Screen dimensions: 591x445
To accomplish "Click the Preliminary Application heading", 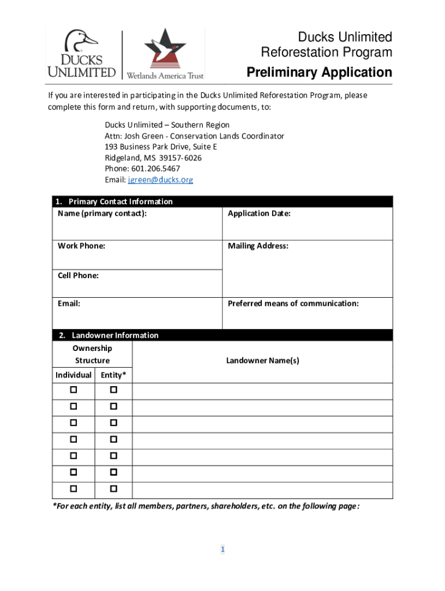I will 319,73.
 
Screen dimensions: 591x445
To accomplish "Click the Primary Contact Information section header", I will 120,201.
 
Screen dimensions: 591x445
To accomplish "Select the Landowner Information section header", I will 114,335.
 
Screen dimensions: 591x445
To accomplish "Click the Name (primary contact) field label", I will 102,214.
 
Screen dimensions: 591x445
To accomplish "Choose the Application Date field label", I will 259,214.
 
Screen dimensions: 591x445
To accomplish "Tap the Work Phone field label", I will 81,246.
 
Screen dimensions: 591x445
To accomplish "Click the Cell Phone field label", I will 78,275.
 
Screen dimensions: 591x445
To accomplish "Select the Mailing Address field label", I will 258,246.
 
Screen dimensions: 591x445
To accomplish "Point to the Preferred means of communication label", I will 293,303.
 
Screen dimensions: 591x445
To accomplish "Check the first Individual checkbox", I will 73,390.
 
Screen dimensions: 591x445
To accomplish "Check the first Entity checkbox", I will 113,390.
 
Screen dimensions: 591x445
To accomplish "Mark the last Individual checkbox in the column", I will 73,489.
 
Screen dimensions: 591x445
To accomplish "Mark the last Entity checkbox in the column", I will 113,489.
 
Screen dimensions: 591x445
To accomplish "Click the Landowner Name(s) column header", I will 262,361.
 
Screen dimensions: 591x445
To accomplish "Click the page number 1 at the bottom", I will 222,549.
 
